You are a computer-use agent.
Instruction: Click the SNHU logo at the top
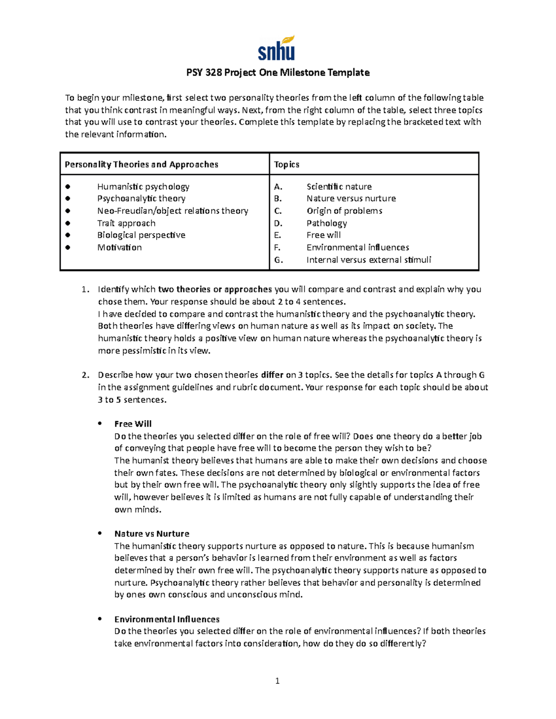click(x=277, y=49)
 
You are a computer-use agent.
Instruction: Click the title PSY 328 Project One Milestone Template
click(x=278, y=73)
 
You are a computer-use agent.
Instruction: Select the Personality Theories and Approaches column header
click(x=141, y=164)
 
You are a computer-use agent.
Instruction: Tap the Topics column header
click(x=286, y=164)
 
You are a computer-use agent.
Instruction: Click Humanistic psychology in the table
click(x=143, y=187)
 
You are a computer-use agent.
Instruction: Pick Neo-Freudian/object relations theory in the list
click(x=172, y=211)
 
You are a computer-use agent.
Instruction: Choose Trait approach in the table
click(x=126, y=223)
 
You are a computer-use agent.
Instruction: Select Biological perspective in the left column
click(x=141, y=235)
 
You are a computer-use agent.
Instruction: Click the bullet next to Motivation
click(x=68, y=247)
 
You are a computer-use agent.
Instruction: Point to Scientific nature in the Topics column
click(x=339, y=187)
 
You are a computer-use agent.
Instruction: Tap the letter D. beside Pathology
click(x=278, y=223)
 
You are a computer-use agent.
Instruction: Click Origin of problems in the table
click(x=344, y=211)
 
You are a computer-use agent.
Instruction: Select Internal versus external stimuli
click(x=368, y=260)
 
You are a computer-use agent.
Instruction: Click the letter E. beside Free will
click(x=278, y=235)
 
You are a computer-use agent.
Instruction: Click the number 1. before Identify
click(x=85, y=289)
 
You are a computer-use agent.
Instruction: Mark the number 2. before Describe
click(x=85, y=375)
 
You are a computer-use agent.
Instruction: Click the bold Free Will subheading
click(x=133, y=424)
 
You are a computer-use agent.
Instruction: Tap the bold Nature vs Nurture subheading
click(x=152, y=534)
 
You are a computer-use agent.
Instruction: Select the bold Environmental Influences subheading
click(x=167, y=619)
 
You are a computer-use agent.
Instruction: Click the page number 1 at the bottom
click(x=277, y=681)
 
